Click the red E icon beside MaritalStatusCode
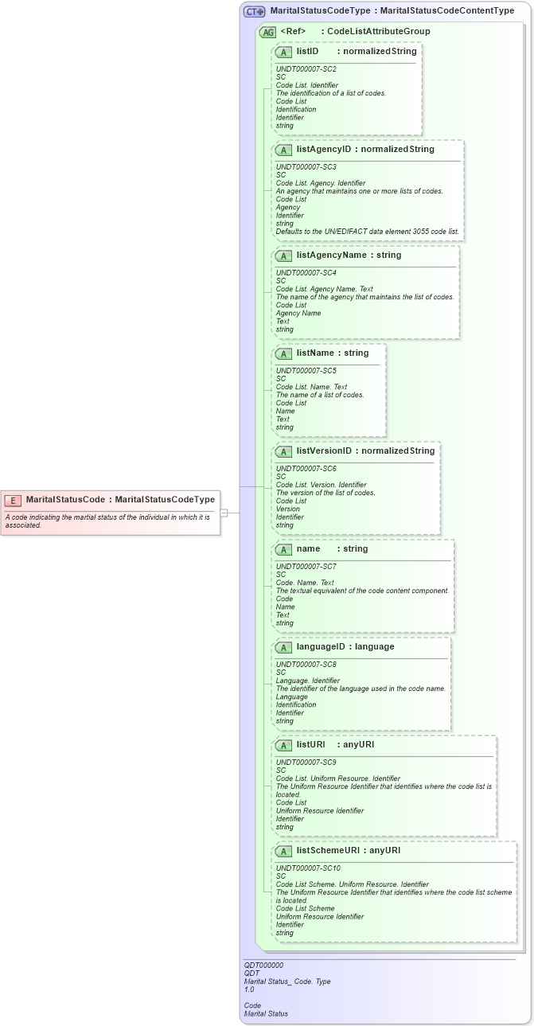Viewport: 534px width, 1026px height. point(13,500)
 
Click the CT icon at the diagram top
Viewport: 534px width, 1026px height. point(255,11)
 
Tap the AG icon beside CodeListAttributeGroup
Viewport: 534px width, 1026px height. point(268,32)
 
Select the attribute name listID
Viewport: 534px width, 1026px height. point(307,51)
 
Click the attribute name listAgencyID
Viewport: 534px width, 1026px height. point(323,149)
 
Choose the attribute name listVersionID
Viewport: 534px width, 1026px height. point(324,451)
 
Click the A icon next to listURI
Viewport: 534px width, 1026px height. point(283,745)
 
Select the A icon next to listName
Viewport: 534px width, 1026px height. point(283,353)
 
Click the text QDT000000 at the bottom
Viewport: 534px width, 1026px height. point(263,965)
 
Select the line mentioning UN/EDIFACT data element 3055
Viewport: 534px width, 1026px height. point(367,232)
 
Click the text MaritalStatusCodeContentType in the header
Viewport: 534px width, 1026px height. point(447,11)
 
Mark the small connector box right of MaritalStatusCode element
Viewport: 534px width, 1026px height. point(224,513)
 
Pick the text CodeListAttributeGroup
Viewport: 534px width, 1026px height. point(379,31)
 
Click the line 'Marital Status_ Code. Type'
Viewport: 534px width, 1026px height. point(286,981)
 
